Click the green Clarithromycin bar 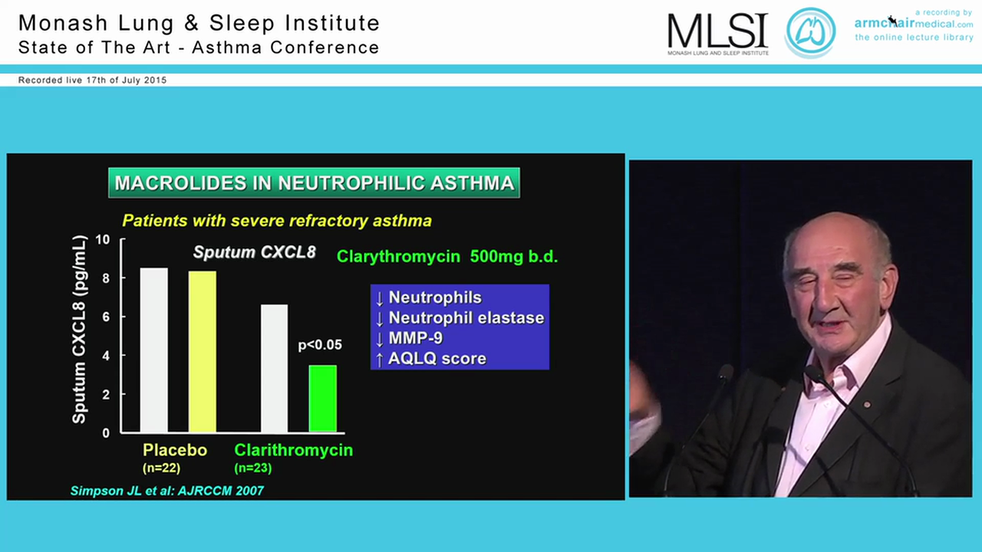(x=322, y=399)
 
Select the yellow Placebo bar (x=203, y=351)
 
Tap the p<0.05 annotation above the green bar (x=320, y=345)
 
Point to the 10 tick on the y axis (x=103, y=240)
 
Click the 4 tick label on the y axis (x=106, y=356)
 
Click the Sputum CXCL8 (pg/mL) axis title (x=79, y=330)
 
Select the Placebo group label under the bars (x=175, y=450)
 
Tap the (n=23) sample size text (x=253, y=468)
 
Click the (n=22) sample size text (x=162, y=468)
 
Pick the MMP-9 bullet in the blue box (x=415, y=338)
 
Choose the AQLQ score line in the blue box (x=437, y=358)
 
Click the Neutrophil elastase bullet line (x=466, y=317)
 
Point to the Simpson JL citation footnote (x=167, y=491)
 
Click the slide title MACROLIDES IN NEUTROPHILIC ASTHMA (x=314, y=183)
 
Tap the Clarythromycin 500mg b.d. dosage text (x=447, y=257)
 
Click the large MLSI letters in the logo (x=717, y=31)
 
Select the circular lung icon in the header (x=810, y=33)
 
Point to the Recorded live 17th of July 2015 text (x=92, y=80)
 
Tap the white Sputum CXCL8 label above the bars (x=254, y=252)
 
